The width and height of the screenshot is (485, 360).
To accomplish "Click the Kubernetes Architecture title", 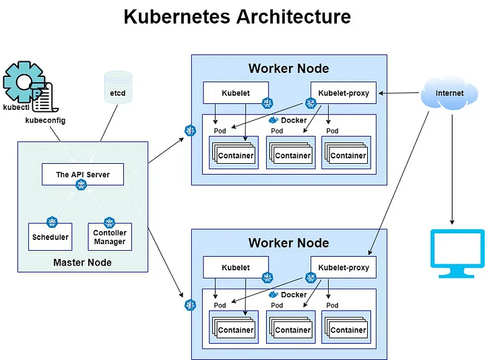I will (x=237, y=17).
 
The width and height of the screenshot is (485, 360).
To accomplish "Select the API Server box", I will (x=83, y=175).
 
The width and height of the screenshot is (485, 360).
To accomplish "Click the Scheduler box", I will (x=50, y=237).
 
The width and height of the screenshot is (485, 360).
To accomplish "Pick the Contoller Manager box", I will (x=110, y=237).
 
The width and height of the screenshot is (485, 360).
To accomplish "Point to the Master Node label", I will (x=82, y=262).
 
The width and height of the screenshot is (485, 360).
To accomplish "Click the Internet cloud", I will (x=449, y=93).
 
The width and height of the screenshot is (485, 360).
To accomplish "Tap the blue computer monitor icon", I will (x=457, y=252).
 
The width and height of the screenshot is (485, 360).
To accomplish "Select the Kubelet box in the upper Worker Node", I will (x=236, y=93).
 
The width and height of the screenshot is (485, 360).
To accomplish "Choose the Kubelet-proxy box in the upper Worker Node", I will (x=344, y=93).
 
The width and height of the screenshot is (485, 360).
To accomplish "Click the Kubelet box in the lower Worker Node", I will (x=236, y=268).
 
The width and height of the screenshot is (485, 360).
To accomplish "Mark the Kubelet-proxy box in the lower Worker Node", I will (x=344, y=268).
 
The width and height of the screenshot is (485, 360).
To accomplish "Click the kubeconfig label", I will (x=45, y=121).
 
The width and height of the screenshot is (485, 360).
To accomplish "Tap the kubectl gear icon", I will (x=23, y=82).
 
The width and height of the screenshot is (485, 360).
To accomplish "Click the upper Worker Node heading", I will (x=289, y=68).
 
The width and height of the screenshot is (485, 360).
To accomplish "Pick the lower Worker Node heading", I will (x=289, y=243).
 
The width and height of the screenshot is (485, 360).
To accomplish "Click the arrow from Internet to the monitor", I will (x=452, y=169).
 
